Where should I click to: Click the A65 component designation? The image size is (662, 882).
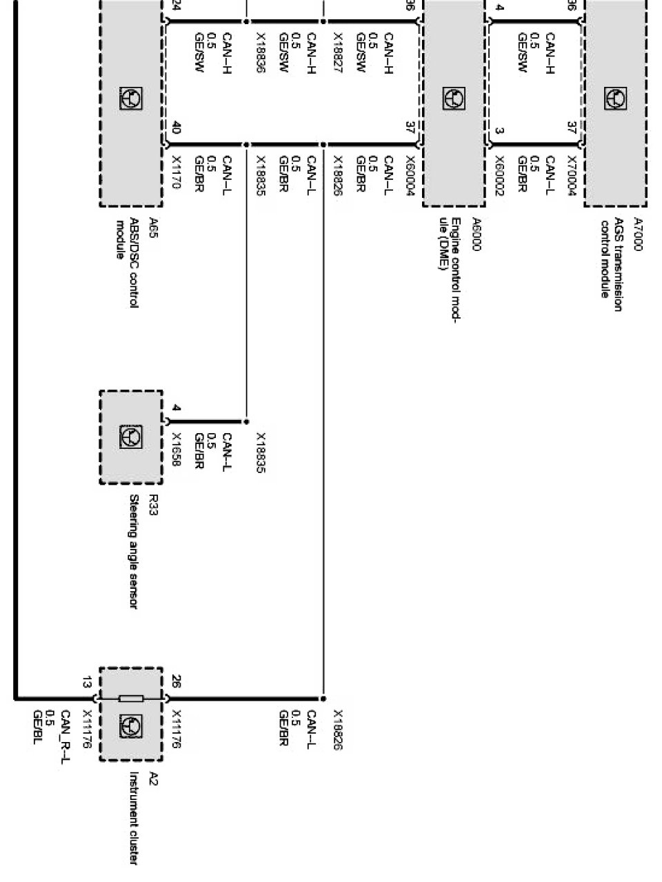[153, 228]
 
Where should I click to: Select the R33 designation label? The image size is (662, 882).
[153, 504]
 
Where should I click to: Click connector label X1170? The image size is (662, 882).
[175, 172]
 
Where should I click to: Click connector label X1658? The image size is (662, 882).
[176, 449]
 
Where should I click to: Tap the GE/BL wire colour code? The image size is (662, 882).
[37, 732]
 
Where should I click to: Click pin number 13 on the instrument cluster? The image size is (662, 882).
[87, 682]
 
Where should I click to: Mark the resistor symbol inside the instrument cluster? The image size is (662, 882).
[131, 699]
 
